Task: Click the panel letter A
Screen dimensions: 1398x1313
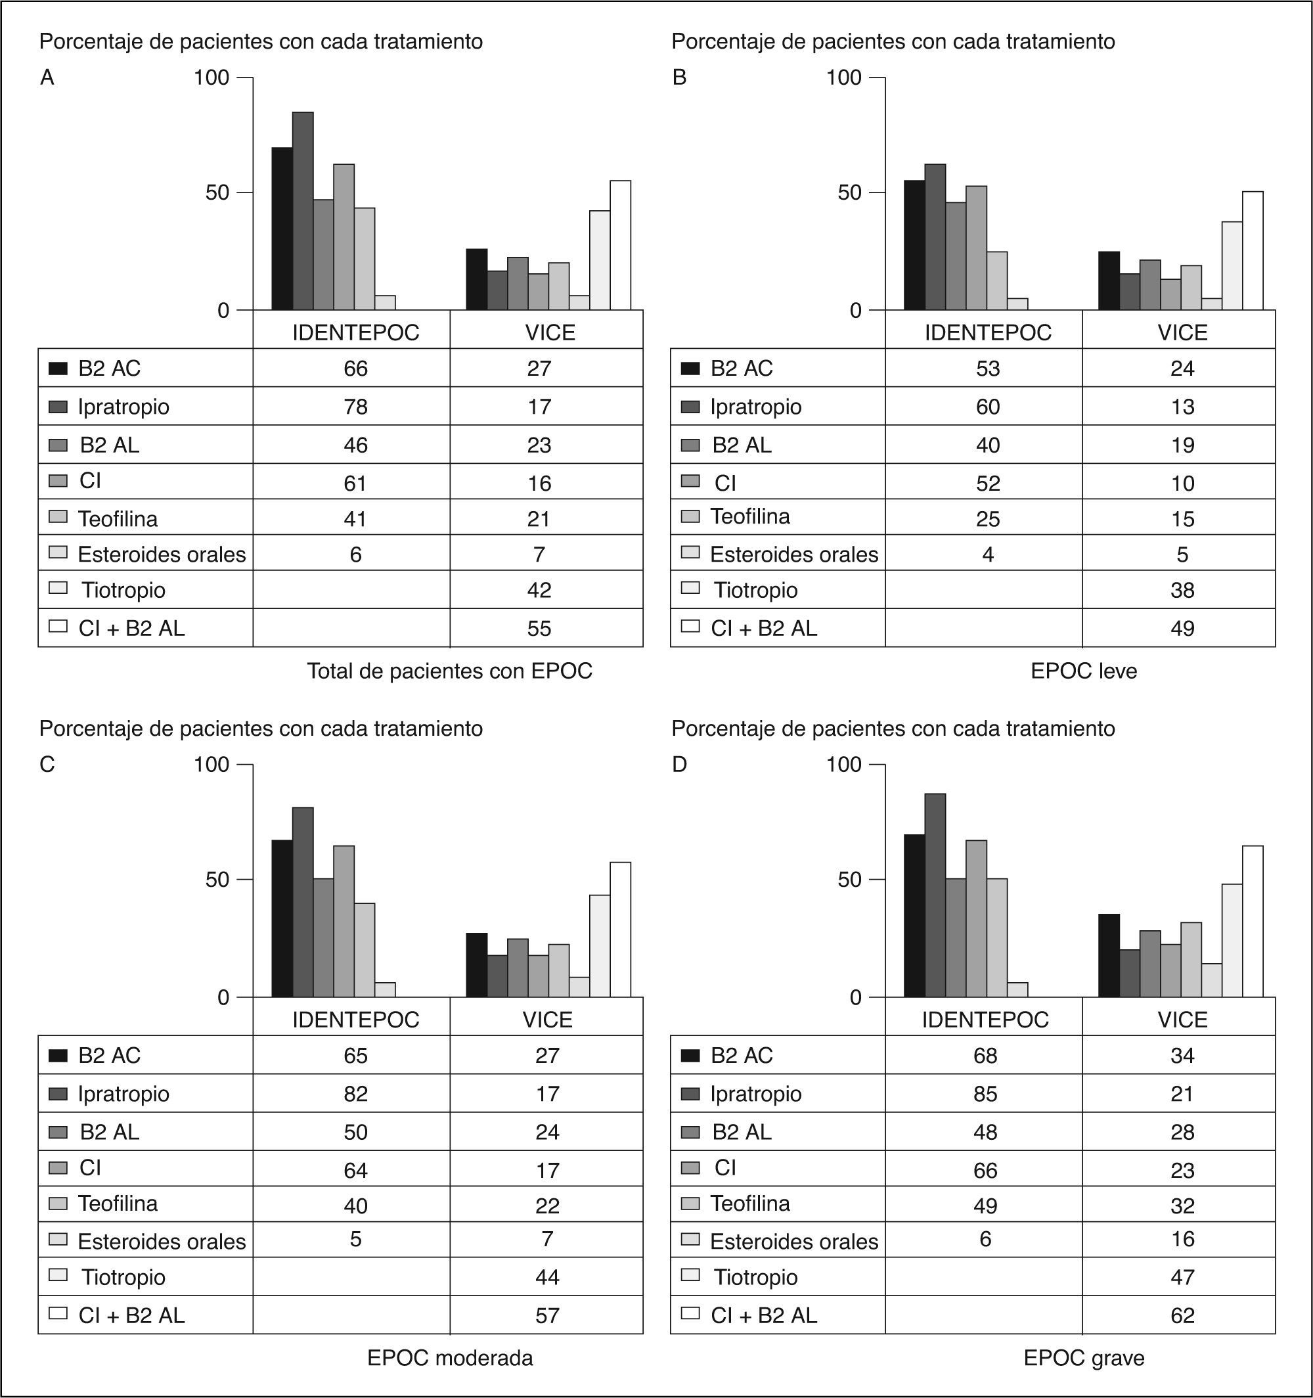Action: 47,78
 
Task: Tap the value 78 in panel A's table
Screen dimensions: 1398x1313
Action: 355,407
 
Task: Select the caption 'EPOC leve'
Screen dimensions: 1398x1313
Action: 1083,671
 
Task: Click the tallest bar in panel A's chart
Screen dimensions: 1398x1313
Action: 303,211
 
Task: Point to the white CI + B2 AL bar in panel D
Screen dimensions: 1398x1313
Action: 1252,921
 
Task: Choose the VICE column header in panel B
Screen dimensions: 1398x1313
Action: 1182,332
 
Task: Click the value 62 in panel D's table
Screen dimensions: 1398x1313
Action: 1182,1315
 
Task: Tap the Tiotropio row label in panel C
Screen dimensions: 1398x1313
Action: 123,1277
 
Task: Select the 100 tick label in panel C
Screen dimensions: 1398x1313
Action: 211,765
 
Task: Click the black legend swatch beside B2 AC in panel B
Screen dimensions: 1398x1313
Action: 690,369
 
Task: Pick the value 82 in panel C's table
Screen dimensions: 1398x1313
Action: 355,1094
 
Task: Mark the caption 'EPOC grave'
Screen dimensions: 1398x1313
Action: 1083,1358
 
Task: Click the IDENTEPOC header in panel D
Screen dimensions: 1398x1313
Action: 985,1019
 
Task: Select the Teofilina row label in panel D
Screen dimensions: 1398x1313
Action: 749,1203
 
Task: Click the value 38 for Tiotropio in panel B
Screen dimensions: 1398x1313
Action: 1182,590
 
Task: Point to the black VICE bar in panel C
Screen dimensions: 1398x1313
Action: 477,965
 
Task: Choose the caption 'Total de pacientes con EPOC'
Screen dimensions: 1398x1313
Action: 449,671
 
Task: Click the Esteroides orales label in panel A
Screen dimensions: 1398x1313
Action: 162,554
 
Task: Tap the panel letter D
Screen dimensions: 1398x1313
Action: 679,765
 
